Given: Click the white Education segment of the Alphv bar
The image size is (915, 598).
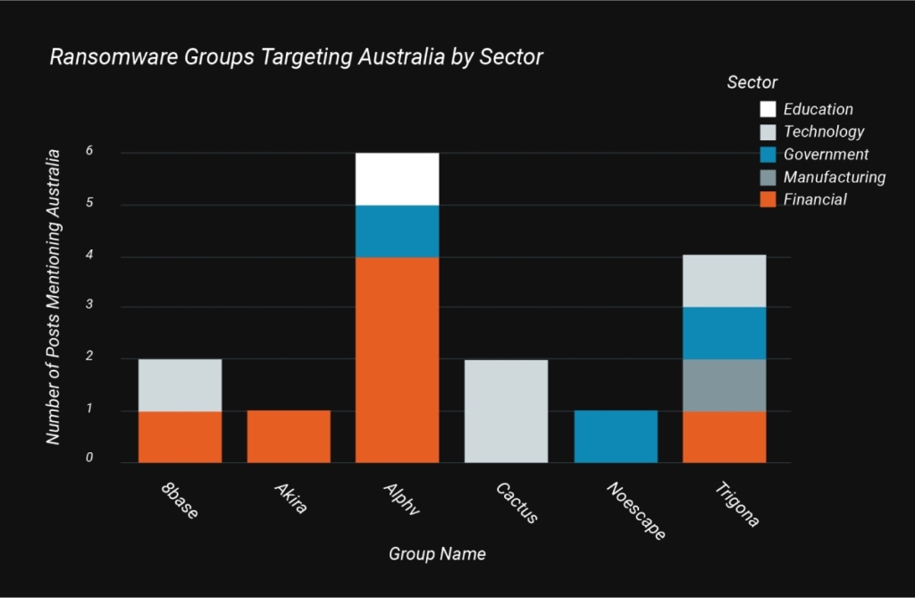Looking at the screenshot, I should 397,179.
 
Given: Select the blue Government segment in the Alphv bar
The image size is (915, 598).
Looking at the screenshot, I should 397,231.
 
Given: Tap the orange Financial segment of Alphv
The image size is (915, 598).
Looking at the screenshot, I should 397,359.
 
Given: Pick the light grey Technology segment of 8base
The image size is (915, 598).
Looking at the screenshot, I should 180,384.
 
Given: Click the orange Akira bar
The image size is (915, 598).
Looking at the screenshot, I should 289,436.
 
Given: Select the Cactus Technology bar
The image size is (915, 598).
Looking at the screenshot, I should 506,410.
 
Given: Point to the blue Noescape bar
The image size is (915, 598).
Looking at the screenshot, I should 616,436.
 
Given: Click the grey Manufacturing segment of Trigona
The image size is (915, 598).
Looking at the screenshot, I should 724,384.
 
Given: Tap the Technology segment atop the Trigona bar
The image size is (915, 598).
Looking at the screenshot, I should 724,281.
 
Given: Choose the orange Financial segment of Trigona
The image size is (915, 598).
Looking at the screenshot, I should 724,436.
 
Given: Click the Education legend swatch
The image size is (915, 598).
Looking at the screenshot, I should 768,109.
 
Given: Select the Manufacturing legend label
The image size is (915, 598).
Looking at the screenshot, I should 834,177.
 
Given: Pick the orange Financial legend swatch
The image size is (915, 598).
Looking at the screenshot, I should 768,199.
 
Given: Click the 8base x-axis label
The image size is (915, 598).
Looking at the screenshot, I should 181,502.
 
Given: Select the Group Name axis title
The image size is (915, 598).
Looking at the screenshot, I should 437,554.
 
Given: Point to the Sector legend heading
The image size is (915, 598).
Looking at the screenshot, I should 752,82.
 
